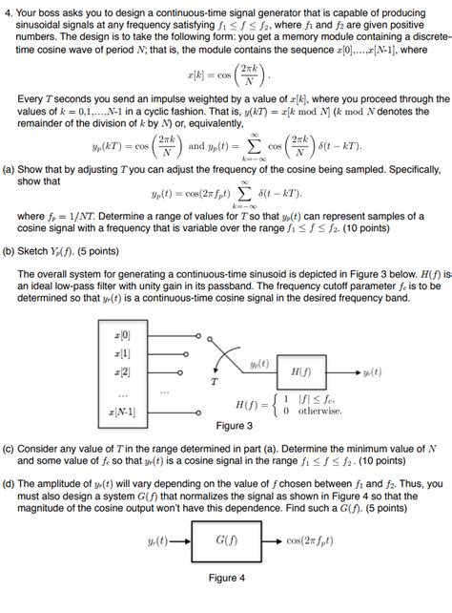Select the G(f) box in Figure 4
(226, 539)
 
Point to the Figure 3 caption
(235, 425)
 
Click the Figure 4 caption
(227, 577)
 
